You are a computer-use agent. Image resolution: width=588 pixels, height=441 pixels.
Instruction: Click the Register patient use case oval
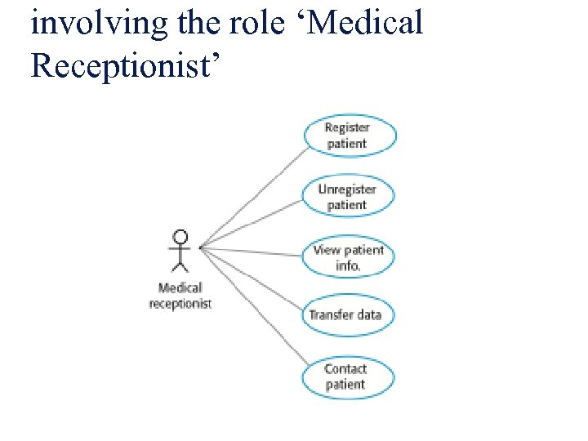(x=348, y=136)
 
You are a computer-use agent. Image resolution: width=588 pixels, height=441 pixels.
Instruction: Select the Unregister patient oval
(x=348, y=197)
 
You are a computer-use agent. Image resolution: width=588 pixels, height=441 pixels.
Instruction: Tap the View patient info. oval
(x=348, y=257)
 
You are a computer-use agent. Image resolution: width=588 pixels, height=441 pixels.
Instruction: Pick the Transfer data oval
(x=345, y=314)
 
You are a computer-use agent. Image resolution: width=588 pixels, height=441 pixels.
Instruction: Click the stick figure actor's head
(x=180, y=238)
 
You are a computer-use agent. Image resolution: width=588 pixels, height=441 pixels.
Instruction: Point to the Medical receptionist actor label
(x=180, y=296)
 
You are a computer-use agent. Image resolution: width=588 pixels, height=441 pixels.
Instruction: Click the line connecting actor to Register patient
(x=254, y=197)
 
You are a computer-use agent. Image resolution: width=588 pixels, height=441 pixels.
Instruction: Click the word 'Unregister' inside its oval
(x=347, y=189)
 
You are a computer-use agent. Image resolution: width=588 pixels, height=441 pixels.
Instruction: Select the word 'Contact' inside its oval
(x=345, y=369)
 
